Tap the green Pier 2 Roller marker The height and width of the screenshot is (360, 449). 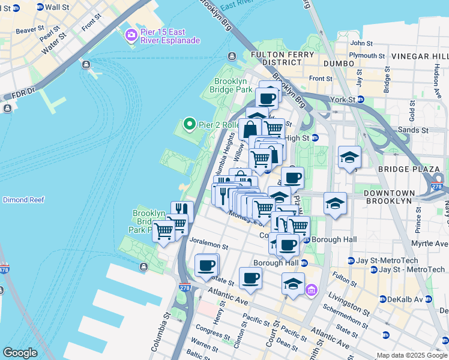pyautogui.click(x=190, y=125)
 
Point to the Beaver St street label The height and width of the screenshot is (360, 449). pyautogui.click(x=29, y=29)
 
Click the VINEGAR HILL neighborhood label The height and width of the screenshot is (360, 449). pyautogui.click(x=420, y=56)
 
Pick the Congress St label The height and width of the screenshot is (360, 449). pyautogui.click(x=208, y=331)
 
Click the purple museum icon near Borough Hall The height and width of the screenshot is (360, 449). pyautogui.click(x=311, y=291)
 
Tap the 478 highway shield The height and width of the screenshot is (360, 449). pyautogui.click(x=5, y=269)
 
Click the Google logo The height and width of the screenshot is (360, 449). pyautogui.click(x=20, y=353)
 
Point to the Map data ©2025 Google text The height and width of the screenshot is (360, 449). pyautogui.click(x=411, y=355)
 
